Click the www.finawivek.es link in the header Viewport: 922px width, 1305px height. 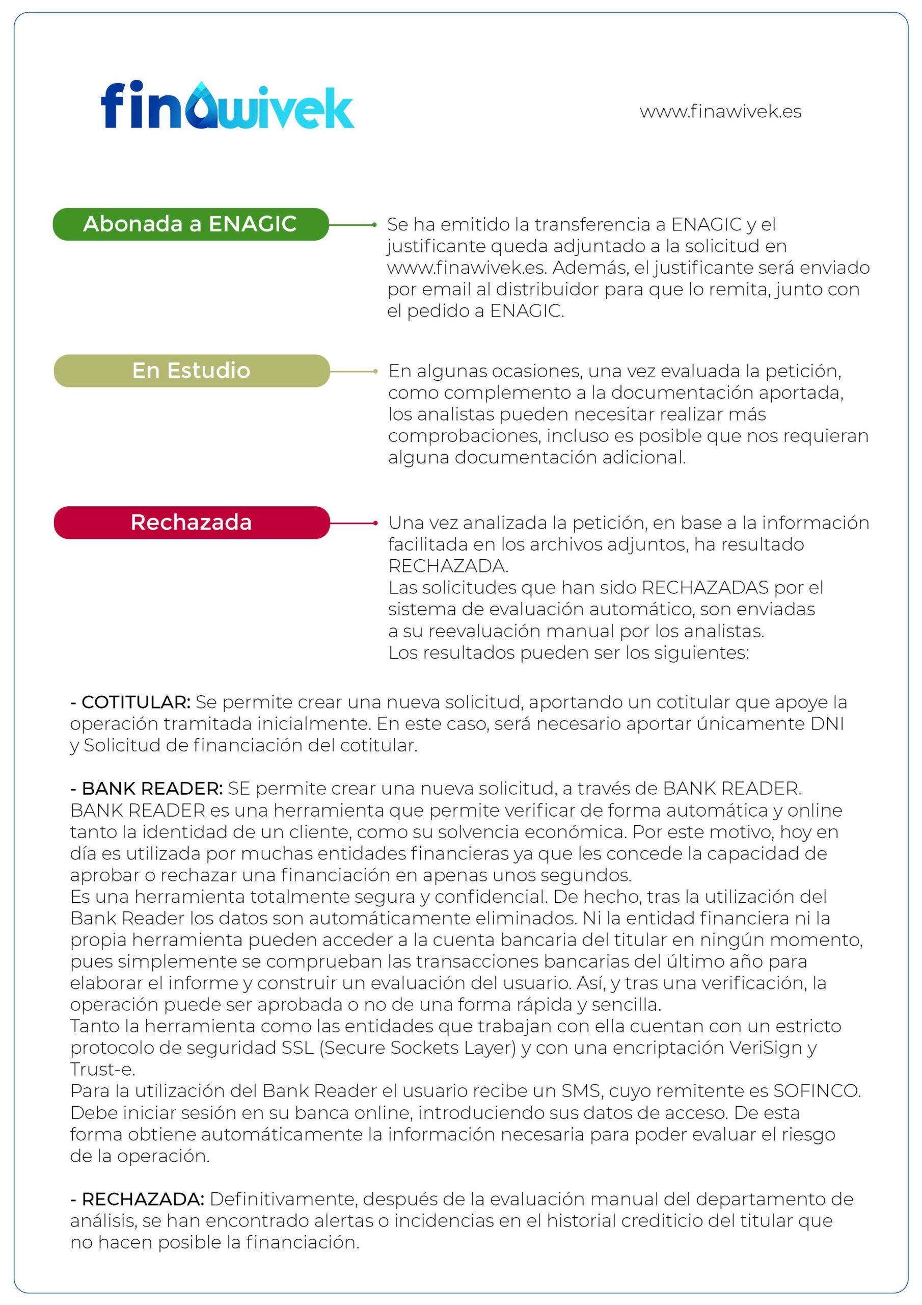click(720, 112)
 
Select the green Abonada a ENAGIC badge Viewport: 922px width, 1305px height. click(191, 224)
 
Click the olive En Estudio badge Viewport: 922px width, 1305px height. click(192, 371)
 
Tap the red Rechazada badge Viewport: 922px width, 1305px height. click(192, 523)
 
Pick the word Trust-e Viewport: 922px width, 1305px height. click(102, 1069)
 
